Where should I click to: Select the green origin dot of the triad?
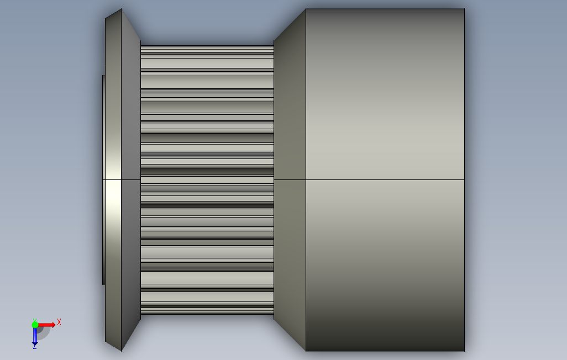tap(35, 325)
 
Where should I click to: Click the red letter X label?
tap(59, 322)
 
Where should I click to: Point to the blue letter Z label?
tap(35, 347)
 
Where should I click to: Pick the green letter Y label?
tap(35, 320)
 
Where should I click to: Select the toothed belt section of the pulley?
tap(207, 179)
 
